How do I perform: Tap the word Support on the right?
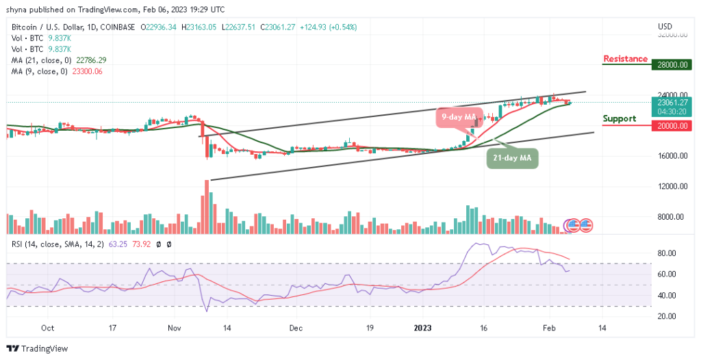pos(619,119)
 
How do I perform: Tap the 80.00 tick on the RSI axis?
pos(666,253)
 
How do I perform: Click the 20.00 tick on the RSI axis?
pos(666,316)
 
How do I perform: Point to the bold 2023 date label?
pos(426,328)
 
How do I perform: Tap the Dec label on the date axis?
pos(295,328)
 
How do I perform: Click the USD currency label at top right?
pos(665,27)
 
